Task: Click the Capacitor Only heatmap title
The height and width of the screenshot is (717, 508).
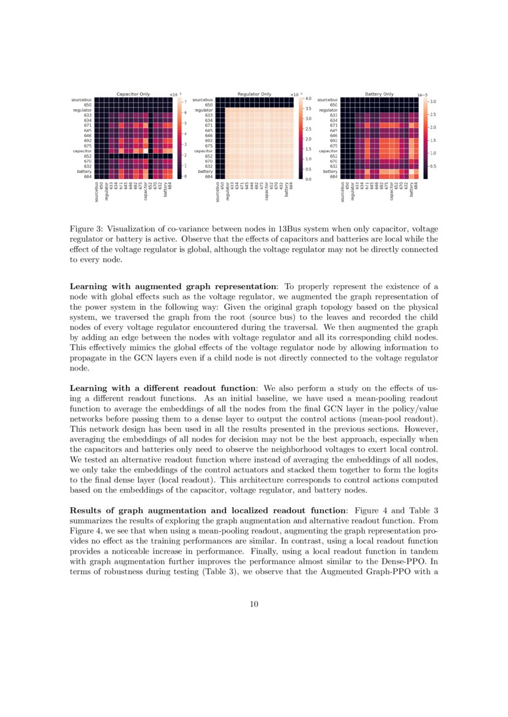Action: (x=133, y=94)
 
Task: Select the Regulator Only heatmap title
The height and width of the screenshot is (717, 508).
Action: (x=254, y=94)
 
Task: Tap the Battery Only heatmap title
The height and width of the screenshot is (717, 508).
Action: (x=379, y=94)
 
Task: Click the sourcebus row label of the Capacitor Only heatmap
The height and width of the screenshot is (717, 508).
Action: (x=82, y=99)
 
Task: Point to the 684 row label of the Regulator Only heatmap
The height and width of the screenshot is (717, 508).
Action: (x=209, y=177)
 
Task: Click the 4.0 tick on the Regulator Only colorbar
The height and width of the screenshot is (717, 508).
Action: (x=308, y=98)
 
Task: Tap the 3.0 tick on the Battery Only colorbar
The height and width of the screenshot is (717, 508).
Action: (x=432, y=101)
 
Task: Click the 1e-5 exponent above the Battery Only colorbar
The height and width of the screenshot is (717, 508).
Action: (x=423, y=94)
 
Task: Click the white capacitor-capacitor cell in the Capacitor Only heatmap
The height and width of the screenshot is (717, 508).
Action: (x=145, y=150)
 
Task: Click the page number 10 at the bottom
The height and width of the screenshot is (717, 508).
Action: (x=254, y=604)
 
